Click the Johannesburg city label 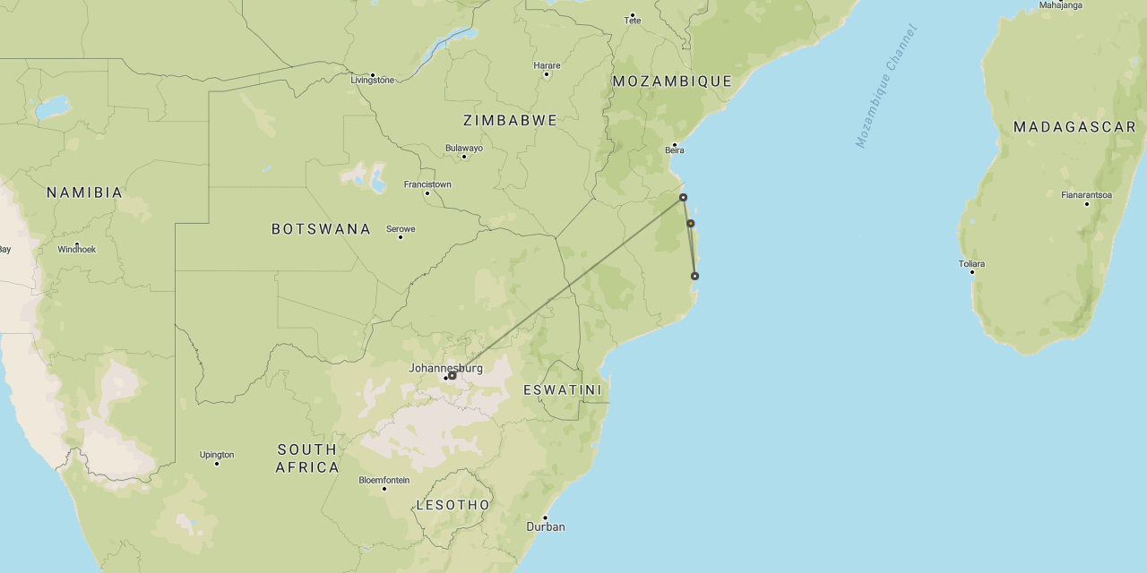coord(445,368)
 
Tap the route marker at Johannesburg coord(453,376)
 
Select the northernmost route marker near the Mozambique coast coord(683,197)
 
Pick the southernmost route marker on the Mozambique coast coord(694,276)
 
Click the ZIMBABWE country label coord(510,120)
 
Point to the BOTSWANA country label coord(321,229)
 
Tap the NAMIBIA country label coord(84,192)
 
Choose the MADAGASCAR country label coord(1074,127)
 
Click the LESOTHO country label coord(453,505)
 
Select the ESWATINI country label coord(563,390)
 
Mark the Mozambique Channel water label coord(886,86)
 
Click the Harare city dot coord(546,74)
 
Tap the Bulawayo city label coord(463,148)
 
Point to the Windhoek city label coord(76,249)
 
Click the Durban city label coord(546,526)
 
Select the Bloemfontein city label coord(384,480)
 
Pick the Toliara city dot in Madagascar coord(971,271)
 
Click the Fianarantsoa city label coord(1086,194)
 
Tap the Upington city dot coord(217,463)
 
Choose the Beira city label coord(675,150)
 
